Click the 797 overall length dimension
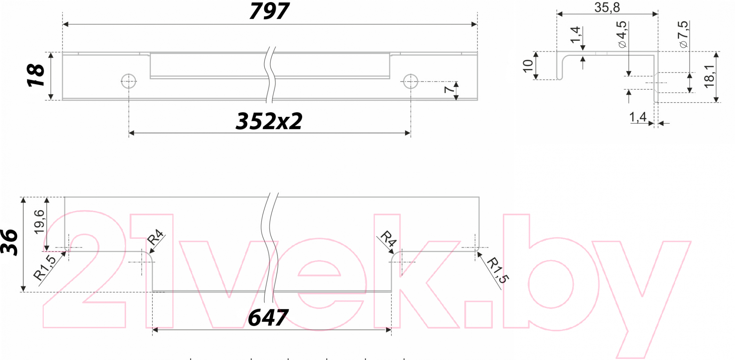click(269, 11)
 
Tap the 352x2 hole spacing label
click(269, 121)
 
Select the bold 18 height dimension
click(36, 75)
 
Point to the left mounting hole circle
click(129, 81)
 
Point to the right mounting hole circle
click(410, 81)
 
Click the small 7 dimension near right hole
click(449, 89)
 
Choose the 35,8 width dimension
click(607, 7)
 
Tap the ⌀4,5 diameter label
click(621, 34)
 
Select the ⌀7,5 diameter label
click(683, 34)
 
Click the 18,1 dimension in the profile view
click(709, 76)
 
